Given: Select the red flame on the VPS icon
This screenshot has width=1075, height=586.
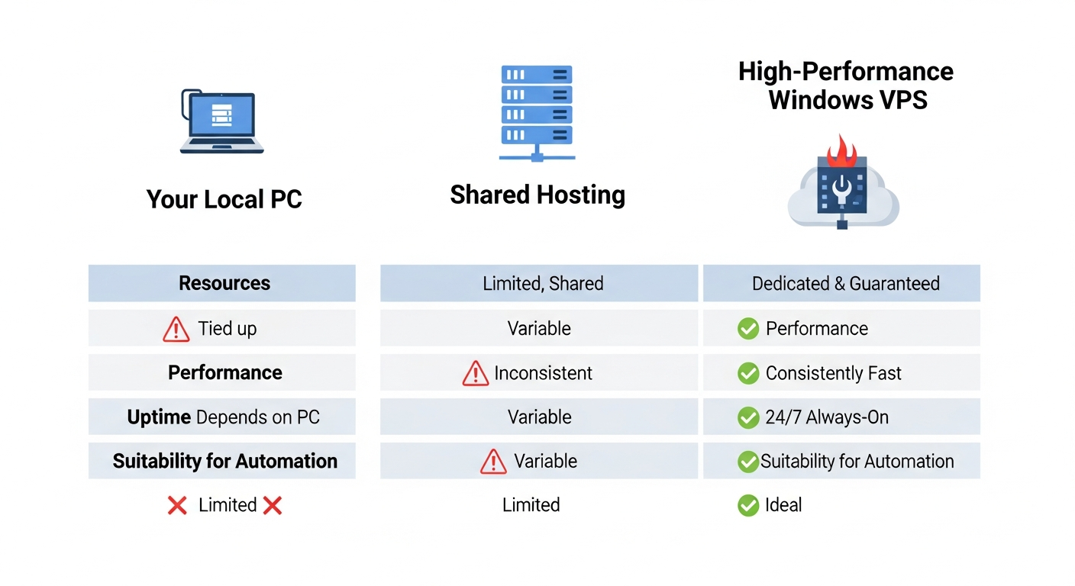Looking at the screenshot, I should (843, 150).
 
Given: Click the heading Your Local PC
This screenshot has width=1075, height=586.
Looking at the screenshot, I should (224, 200).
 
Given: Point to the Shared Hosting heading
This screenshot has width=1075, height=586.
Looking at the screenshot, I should (537, 195).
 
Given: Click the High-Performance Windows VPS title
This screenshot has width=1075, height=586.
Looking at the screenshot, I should (846, 85).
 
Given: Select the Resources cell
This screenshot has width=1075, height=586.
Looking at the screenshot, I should (224, 284).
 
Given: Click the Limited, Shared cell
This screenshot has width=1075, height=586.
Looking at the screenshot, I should (542, 284).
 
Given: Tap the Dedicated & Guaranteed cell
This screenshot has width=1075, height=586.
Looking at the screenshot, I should (845, 284).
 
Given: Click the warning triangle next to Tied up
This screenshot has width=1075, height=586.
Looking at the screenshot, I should (176, 329).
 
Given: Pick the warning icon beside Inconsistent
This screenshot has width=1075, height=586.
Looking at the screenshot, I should (475, 373).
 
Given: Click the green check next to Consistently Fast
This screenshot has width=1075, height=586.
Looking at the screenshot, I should (747, 373).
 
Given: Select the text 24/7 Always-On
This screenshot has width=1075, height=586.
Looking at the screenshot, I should (826, 417).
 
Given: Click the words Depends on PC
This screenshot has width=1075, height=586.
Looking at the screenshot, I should (258, 417).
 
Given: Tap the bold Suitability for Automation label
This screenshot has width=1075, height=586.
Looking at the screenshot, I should (224, 461).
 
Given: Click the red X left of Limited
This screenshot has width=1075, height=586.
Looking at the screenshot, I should (177, 505).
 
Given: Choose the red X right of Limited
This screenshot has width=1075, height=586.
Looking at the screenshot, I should (272, 505).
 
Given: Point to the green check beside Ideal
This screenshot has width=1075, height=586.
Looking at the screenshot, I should (747, 505).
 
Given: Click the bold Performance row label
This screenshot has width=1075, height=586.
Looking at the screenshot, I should (224, 373).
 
